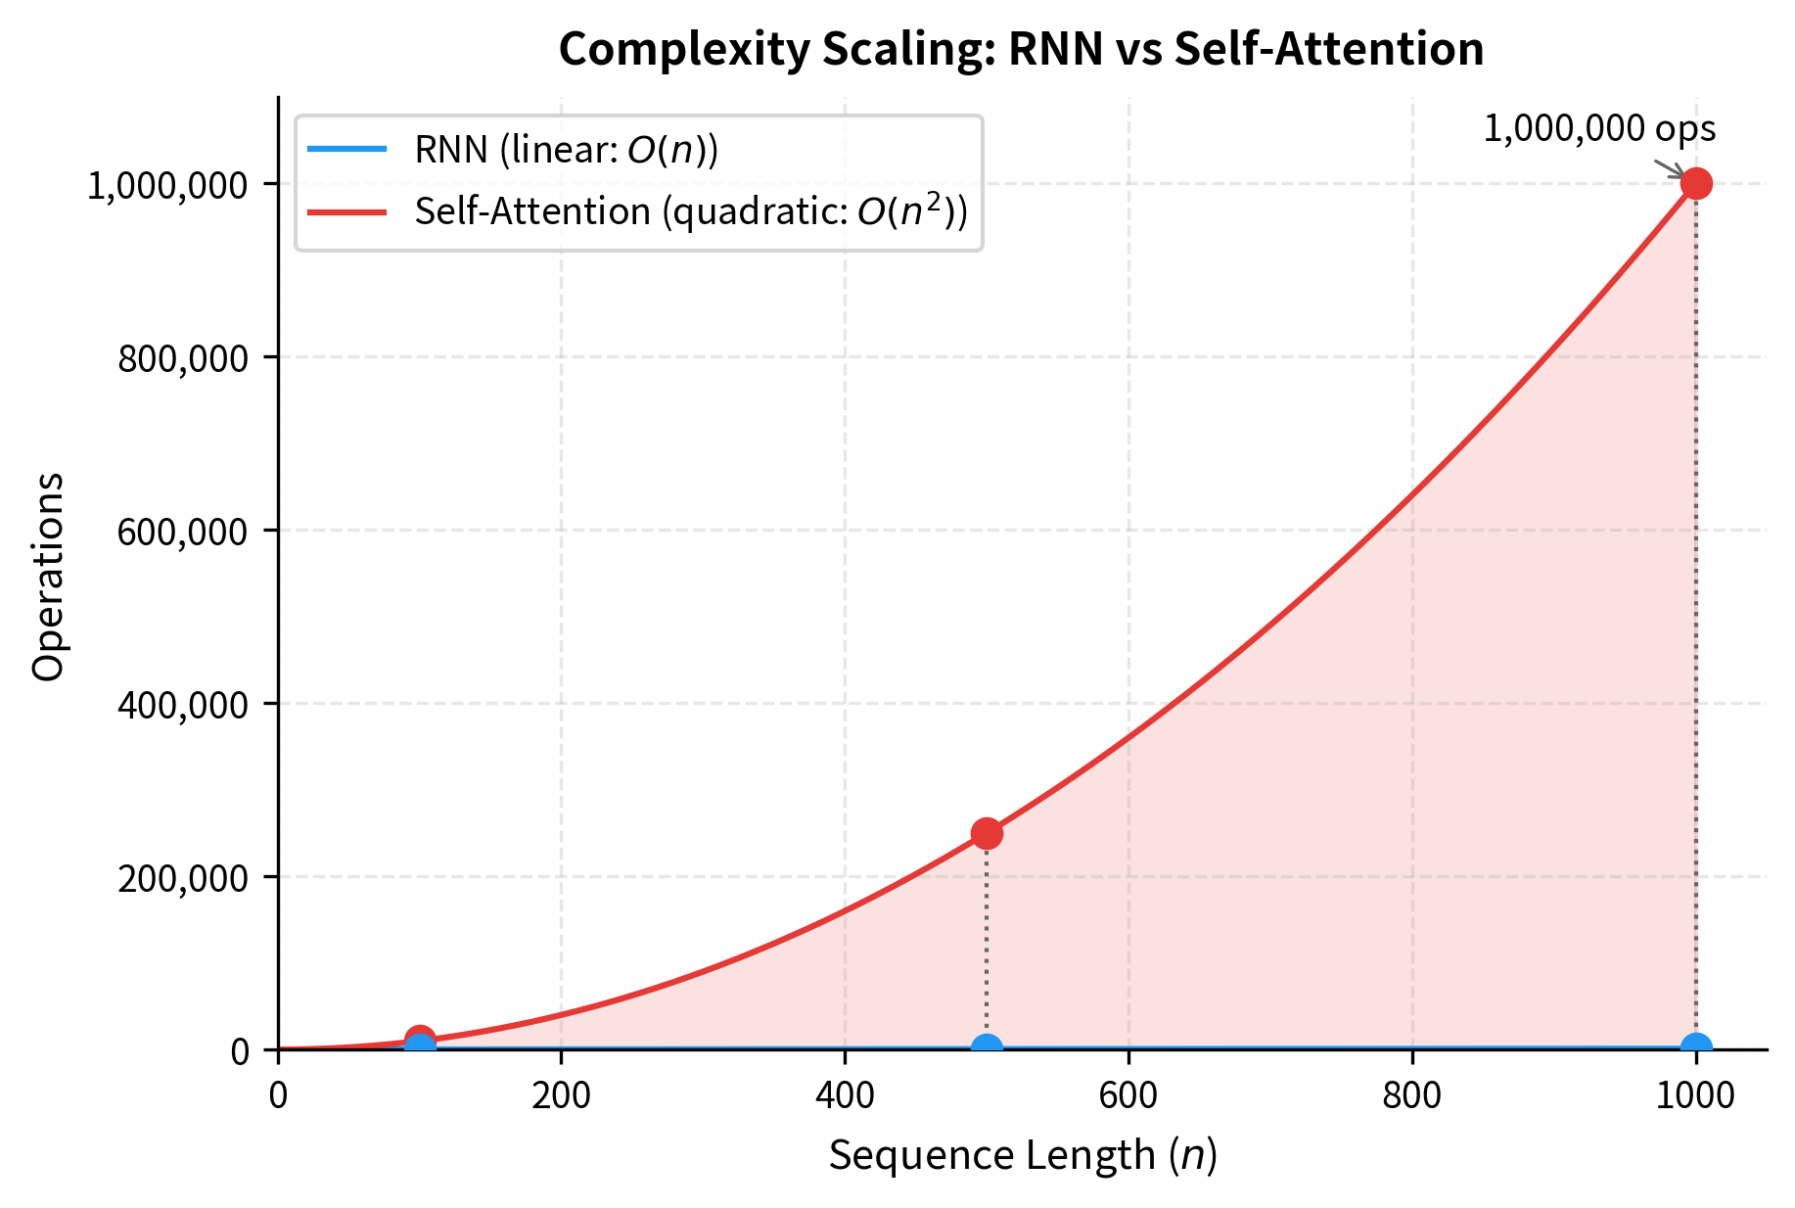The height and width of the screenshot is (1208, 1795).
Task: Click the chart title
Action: coord(1021,49)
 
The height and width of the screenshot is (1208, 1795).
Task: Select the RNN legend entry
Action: coord(566,150)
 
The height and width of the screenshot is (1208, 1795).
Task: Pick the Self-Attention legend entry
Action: coord(690,211)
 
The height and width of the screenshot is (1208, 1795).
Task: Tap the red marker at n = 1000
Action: coord(1695,183)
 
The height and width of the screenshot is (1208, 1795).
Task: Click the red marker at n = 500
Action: coord(987,833)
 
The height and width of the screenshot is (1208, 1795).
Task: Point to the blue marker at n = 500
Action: coord(987,1047)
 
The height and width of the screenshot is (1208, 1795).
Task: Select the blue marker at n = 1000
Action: coord(1695,1046)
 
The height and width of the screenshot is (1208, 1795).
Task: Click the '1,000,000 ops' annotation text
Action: coord(1599,129)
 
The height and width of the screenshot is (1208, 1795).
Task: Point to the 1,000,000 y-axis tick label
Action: coord(167,185)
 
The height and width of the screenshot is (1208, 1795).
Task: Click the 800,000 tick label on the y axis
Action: coord(183,358)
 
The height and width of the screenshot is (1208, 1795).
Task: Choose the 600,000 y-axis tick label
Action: coord(183,532)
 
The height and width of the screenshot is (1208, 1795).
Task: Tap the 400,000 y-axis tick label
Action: coord(183,705)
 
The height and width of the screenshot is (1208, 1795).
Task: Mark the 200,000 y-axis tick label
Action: coord(183,878)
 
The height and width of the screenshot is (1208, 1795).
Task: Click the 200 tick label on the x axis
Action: coord(561,1095)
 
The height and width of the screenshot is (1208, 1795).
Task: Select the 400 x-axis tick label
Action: coord(845,1095)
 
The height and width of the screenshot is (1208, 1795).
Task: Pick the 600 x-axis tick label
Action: coord(1128,1095)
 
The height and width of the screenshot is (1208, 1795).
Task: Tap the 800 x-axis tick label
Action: coord(1412,1095)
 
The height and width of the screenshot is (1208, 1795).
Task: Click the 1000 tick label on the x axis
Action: coord(1695,1095)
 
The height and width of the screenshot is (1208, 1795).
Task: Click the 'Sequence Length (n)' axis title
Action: coord(1023,1156)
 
